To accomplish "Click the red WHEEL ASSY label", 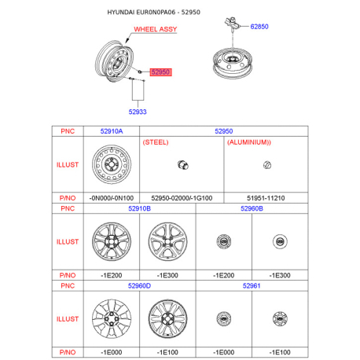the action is tap(156, 29).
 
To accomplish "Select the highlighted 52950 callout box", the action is tap(160, 72).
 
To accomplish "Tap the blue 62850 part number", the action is tap(259, 27).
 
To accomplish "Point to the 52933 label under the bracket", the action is tap(138, 112).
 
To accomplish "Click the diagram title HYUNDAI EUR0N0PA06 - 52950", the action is tap(154, 13).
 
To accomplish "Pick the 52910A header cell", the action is tap(112, 131).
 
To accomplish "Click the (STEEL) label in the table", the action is tap(156, 142).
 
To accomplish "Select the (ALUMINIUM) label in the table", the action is tap(249, 142).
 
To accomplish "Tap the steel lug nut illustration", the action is tap(183, 165).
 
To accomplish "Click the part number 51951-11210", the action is tap(266, 198).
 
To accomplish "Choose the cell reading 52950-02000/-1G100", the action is tap(182, 198).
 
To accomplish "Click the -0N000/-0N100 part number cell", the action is tap(112, 198).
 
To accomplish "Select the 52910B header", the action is tap(139, 208).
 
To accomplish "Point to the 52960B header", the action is tap(252, 208).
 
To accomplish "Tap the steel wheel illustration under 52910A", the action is tap(112, 164).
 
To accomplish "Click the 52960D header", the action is tap(139, 286).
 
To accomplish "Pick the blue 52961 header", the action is tap(252, 286).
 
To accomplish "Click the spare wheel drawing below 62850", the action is tap(233, 64).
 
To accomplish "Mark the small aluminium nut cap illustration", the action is tap(267, 165).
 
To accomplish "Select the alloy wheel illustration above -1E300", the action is tap(167, 241).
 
